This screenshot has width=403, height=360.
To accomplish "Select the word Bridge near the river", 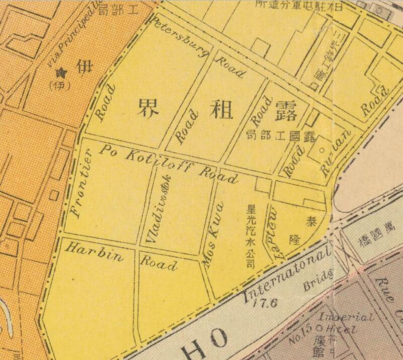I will [x=318, y=279].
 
